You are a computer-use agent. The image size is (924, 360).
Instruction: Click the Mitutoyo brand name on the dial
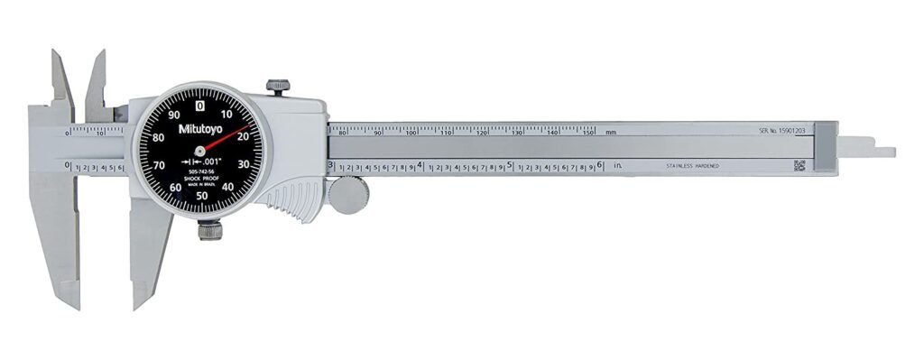point(199,129)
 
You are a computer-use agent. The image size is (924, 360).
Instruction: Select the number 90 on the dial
point(173,105)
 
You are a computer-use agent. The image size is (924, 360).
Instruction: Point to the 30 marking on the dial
point(242,164)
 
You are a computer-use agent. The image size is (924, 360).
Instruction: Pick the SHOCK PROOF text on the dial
point(199,184)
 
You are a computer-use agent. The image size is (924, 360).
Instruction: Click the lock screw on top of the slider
point(278,87)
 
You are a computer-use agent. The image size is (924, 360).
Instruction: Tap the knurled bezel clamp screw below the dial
point(209,231)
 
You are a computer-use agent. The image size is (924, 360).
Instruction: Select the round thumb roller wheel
point(347,195)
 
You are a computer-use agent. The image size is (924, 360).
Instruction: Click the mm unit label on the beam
point(611,132)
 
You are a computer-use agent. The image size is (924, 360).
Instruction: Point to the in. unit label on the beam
point(619,166)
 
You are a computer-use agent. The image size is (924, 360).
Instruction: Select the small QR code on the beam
point(799,165)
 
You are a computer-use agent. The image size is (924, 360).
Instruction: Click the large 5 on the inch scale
point(511,165)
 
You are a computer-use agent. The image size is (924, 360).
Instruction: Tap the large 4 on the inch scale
point(421,165)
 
